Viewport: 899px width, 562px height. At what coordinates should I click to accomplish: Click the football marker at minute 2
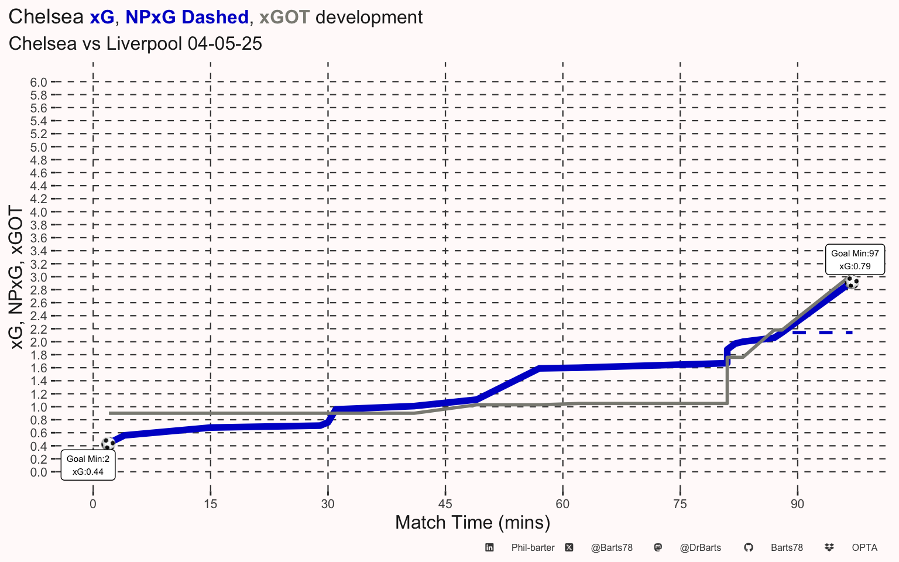click(x=108, y=443)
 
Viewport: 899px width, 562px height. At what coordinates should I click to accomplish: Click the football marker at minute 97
click(x=852, y=282)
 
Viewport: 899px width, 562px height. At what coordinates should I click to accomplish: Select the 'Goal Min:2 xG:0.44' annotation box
click(x=88, y=465)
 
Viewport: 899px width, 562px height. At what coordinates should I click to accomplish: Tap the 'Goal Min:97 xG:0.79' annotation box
click(x=855, y=259)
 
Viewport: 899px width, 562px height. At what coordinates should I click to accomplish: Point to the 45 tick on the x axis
click(x=445, y=504)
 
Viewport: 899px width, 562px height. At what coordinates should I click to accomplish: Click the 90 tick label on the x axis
click(x=797, y=504)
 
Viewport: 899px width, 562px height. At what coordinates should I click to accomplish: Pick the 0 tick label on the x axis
click(x=93, y=504)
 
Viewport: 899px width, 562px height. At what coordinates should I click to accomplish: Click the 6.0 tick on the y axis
click(x=39, y=83)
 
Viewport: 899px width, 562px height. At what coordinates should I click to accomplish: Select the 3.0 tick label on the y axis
click(x=39, y=277)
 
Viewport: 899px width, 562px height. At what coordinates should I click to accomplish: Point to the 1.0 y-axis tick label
click(x=39, y=407)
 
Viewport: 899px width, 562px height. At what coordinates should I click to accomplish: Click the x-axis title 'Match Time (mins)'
click(x=472, y=522)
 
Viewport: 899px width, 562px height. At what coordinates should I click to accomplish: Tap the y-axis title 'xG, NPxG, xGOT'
click(x=16, y=277)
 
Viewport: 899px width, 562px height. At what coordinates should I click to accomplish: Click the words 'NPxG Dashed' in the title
click(x=187, y=18)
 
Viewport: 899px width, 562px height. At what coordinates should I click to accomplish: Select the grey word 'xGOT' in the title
click(x=284, y=18)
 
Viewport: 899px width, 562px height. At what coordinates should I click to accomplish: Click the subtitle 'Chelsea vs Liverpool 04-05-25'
click(x=135, y=44)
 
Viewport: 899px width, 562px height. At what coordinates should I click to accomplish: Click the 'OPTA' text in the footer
click(x=864, y=548)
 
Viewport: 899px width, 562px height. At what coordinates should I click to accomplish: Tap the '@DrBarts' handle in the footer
click(x=700, y=548)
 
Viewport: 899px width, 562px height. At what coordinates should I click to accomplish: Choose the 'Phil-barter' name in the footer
click(x=533, y=548)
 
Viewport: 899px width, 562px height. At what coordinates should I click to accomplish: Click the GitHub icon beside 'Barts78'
click(x=748, y=548)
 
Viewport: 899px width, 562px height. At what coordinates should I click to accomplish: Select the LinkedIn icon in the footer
click(x=489, y=548)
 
